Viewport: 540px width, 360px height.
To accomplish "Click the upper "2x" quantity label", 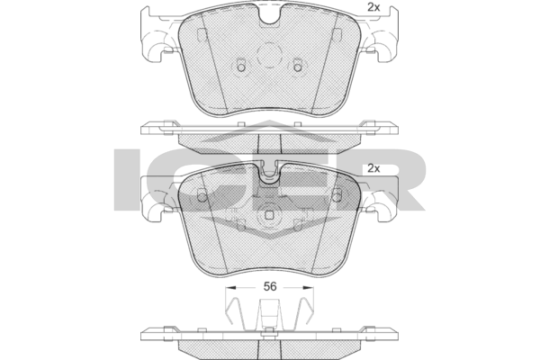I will (373, 7).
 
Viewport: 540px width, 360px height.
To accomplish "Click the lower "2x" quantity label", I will (373, 168).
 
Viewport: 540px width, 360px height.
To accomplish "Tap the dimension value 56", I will (270, 288).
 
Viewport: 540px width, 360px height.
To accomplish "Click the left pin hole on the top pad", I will (241, 66).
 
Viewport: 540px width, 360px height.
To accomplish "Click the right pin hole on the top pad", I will (299, 66).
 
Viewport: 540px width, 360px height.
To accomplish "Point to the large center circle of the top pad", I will (270, 54).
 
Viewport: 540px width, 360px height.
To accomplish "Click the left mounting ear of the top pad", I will (156, 40).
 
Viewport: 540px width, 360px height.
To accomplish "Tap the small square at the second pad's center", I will (270, 216).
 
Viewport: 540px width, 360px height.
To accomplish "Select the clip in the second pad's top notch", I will (270, 174).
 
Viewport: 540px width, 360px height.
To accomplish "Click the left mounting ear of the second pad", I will (156, 200).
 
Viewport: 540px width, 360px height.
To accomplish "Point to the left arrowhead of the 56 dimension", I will (229, 288).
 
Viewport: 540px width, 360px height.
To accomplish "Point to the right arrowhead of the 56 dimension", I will (311, 288).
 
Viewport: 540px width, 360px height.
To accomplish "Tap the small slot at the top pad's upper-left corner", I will (202, 35).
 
